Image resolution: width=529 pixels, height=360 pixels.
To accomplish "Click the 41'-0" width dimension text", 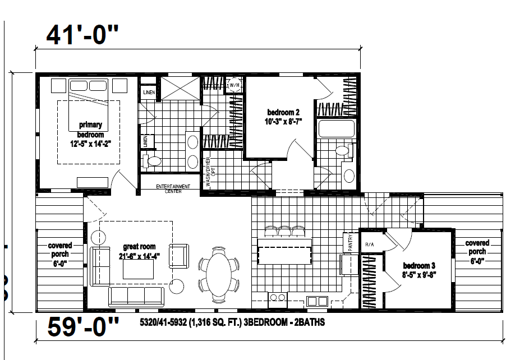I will pyautogui.click(x=82, y=36).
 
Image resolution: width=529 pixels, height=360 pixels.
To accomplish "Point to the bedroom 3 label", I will pyautogui.click(x=418, y=266).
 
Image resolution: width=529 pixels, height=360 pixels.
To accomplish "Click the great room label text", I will pyautogui.click(x=139, y=247).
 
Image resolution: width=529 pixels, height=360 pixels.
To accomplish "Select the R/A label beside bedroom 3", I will pyautogui.click(x=370, y=244).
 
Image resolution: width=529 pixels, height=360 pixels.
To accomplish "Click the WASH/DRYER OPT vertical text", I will pyautogui.click(x=209, y=176).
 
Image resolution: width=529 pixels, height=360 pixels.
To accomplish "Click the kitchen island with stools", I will pyautogui.click(x=284, y=250).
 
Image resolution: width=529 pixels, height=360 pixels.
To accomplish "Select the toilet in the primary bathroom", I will pyautogui.click(x=152, y=161).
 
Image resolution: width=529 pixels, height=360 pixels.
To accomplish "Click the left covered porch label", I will pyautogui.click(x=59, y=254).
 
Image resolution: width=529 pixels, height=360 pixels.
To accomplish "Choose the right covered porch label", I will pyautogui.click(x=477, y=247).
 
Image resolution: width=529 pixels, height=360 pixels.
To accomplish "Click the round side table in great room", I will pyautogui.click(x=177, y=287).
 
